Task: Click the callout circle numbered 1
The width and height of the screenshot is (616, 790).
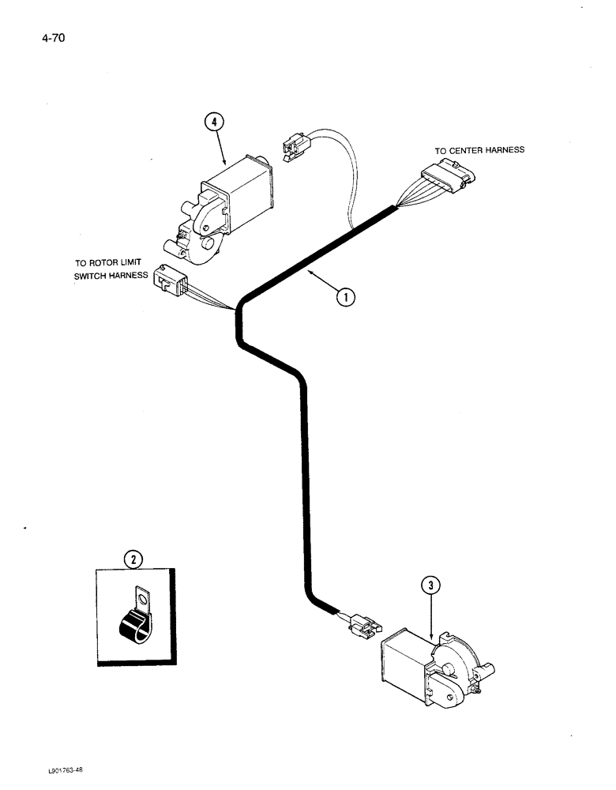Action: pos(344,296)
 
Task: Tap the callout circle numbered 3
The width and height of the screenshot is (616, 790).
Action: pos(430,585)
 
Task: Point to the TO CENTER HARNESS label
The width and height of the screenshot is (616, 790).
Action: pos(479,150)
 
